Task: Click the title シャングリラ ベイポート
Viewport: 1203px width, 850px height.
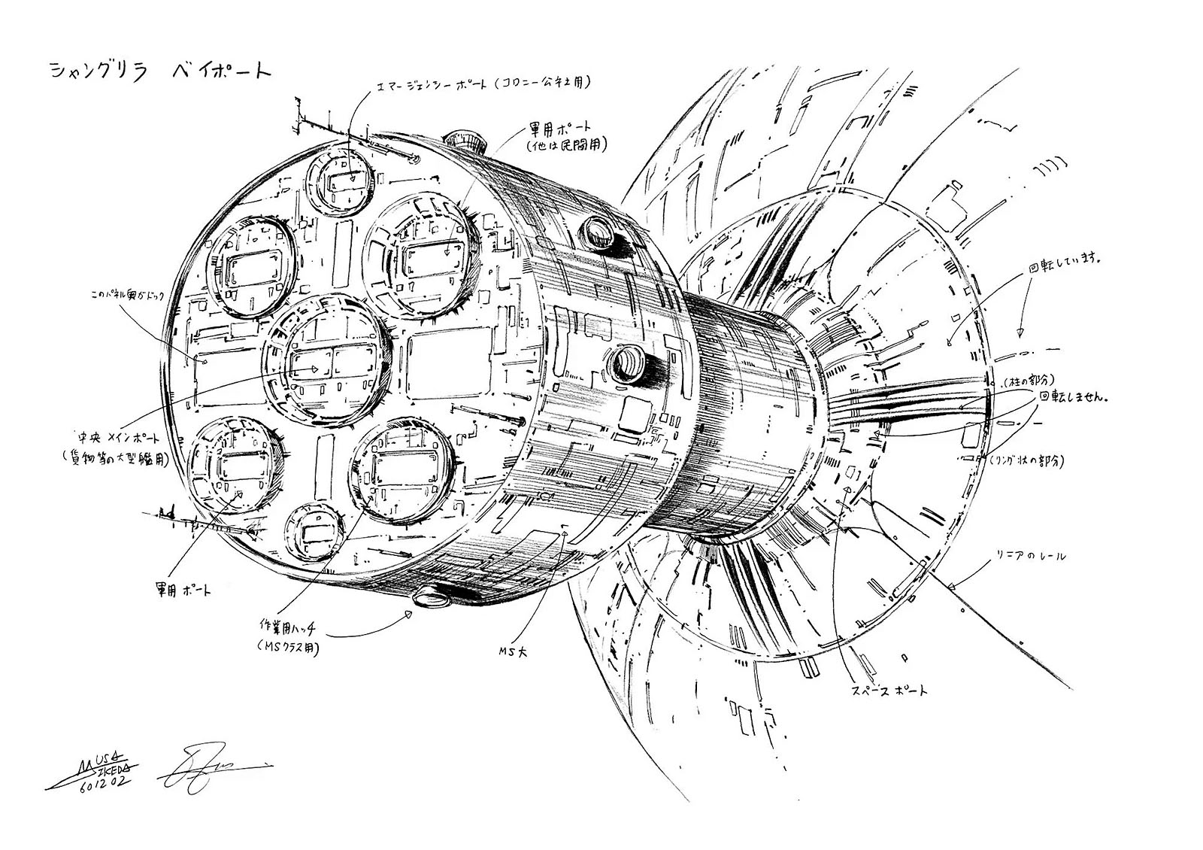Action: coord(159,72)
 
